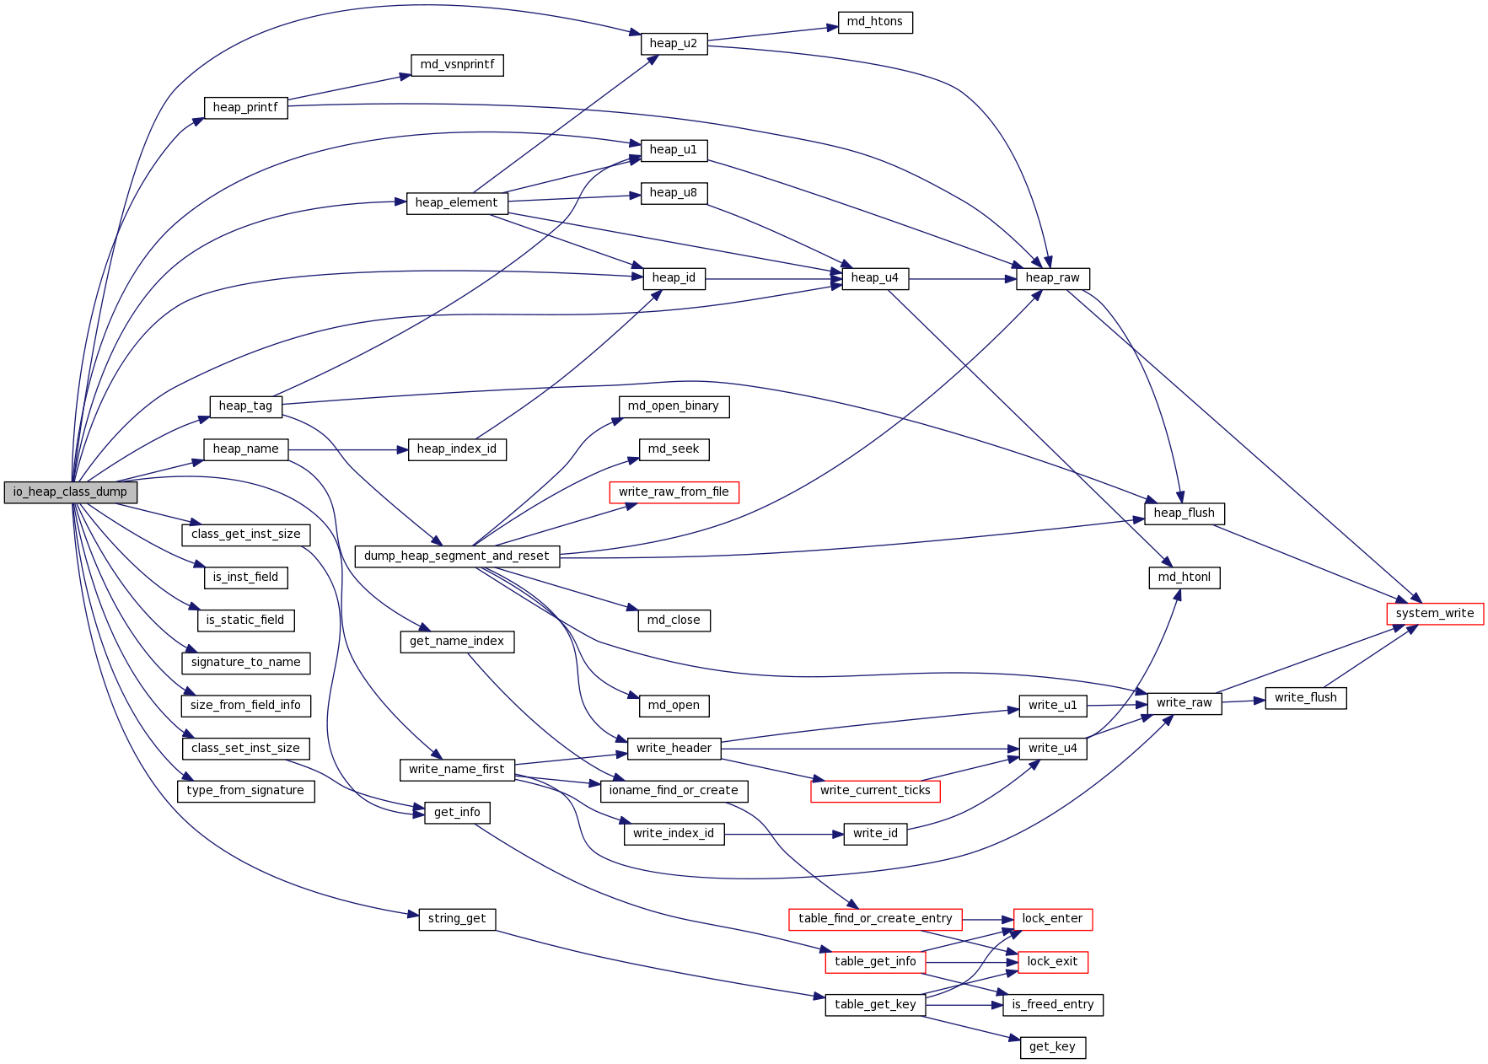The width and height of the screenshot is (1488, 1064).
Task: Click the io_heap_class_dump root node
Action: tap(70, 492)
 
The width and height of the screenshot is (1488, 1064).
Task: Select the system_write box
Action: tap(1434, 614)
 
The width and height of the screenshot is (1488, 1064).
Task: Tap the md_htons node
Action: tap(874, 22)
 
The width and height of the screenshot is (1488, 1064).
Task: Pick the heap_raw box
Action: tap(1052, 278)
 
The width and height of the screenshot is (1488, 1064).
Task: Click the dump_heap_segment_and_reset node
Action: tap(456, 556)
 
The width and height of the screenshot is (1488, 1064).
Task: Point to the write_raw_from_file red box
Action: tap(674, 492)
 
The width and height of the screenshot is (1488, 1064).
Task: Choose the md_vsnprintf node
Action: tap(457, 65)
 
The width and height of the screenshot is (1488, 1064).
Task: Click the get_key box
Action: tap(1052, 1047)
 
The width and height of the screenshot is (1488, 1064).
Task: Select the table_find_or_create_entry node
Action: tap(875, 919)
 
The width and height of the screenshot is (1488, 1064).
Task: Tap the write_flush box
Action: tap(1305, 698)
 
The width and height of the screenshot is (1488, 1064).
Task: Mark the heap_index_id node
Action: tap(456, 449)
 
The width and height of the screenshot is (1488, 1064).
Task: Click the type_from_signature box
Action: tap(245, 791)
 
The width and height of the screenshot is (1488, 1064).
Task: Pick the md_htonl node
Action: tap(1184, 578)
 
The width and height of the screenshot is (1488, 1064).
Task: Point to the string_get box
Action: tap(456, 919)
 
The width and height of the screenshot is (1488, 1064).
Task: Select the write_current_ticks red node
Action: tap(875, 791)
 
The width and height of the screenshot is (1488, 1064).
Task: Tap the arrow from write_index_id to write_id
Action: tap(783, 835)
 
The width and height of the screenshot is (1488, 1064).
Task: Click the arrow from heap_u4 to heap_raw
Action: tap(962, 279)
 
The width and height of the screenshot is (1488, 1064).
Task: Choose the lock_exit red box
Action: tap(1052, 962)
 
